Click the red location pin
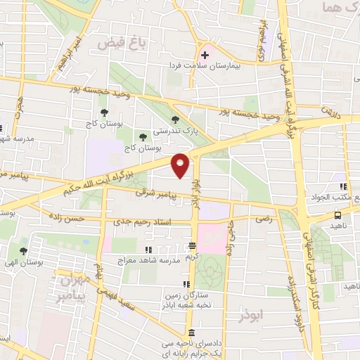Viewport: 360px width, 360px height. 181,165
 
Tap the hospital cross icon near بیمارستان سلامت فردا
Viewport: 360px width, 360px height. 205,54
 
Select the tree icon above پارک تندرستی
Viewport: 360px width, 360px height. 174,120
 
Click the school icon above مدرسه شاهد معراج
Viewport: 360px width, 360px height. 148,250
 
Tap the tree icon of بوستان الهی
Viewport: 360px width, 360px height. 23,250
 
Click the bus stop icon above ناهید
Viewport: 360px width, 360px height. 337,216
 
